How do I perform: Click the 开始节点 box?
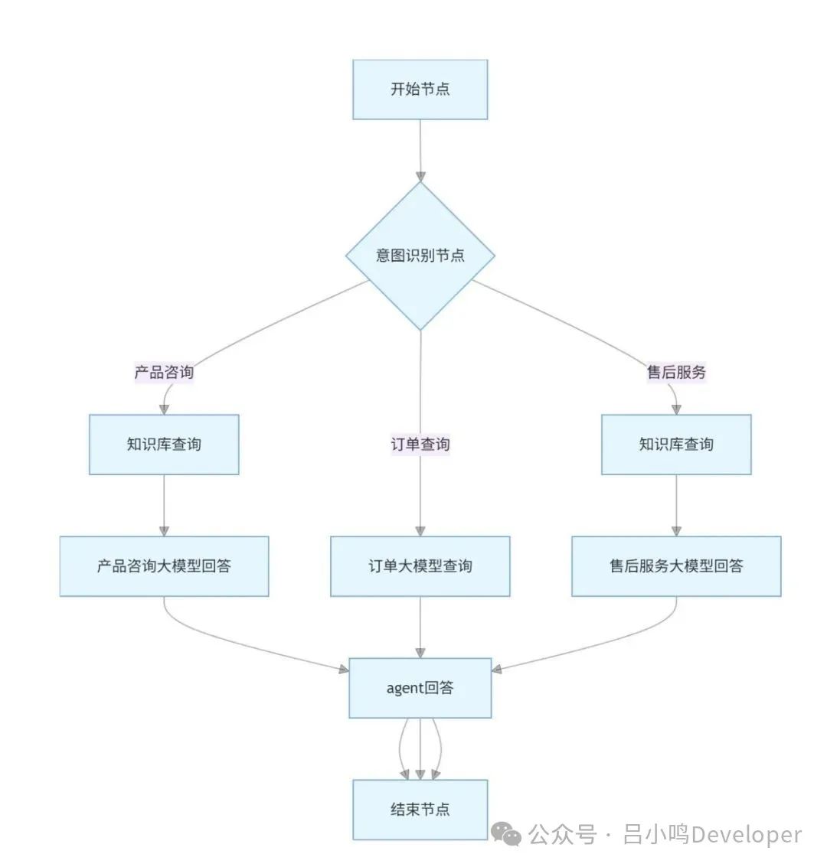coord(420,90)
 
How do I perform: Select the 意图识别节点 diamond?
coord(420,256)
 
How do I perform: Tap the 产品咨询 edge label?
coord(164,373)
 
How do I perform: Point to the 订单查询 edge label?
coord(420,445)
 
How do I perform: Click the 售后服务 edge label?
coord(676,373)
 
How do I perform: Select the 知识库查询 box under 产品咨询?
coord(164,445)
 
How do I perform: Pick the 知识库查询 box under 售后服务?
coord(676,445)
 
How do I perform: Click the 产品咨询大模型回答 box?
coord(164,566)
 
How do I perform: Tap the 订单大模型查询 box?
coord(420,566)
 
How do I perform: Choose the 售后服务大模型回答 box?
coord(676,566)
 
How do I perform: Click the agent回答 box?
coord(420,688)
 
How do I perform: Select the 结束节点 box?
coord(420,810)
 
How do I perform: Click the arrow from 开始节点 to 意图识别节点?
coord(420,150)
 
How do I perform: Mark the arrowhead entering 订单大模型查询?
coord(420,531)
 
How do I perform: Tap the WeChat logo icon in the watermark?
coord(506,834)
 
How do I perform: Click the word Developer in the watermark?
coord(746,834)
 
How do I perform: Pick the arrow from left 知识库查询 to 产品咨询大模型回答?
coord(164,505)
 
